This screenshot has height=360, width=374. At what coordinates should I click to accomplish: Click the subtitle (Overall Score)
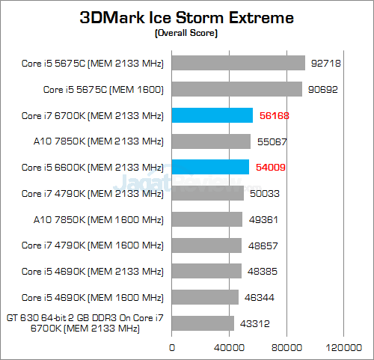point(187,33)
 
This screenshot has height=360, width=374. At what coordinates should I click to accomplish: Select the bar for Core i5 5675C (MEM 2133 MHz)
point(239,64)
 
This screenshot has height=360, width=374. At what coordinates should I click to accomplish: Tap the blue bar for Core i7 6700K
point(212,115)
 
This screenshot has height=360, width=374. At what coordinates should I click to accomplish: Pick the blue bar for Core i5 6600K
point(211,167)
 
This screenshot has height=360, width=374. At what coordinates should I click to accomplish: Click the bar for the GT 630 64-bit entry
point(203,323)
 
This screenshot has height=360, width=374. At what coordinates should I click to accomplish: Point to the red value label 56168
point(274,115)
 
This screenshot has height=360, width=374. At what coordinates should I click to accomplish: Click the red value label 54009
point(271,167)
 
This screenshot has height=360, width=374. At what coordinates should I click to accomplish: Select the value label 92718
point(326,64)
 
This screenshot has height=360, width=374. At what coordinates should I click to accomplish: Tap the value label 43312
point(255,323)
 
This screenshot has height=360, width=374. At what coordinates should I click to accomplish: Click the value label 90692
point(323,90)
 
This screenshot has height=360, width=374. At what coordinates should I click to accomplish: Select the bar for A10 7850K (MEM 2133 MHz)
point(212,141)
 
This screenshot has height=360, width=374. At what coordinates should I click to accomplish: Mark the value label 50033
point(265,193)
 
